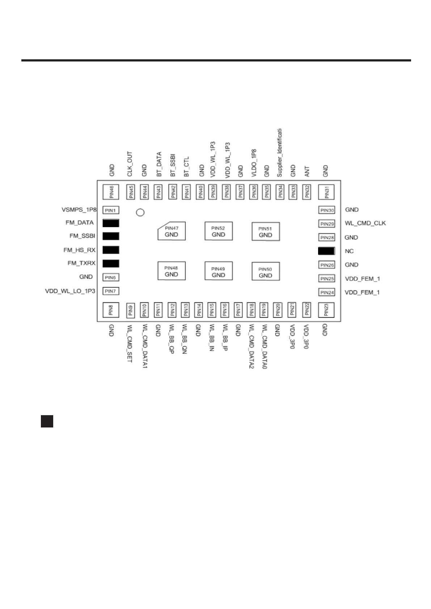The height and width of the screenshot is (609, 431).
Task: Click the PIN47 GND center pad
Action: point(172,231)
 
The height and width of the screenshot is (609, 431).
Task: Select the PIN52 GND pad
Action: point(218,231)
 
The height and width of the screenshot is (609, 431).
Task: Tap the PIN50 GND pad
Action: point(266,272)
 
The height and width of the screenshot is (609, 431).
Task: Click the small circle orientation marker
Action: point(140,212)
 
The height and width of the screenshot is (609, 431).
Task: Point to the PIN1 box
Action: point(110,210)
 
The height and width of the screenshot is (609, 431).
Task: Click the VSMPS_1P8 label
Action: point(79,210)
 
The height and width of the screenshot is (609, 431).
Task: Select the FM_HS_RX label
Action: point(79,250)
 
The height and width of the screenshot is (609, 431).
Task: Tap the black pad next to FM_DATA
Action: point(111,223)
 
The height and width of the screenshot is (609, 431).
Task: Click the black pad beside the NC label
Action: point(326,251)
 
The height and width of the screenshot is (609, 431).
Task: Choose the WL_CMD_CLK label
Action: point(365,223)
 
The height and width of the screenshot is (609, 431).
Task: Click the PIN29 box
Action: point(327,224)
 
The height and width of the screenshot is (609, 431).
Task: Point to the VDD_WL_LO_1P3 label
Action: point(70,291)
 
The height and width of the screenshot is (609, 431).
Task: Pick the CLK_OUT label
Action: point(130,164)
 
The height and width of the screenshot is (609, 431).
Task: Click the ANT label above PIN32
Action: point(307,171)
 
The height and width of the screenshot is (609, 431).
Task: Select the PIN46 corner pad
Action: point(111,192)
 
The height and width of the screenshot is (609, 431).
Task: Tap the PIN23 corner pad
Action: point(326,310)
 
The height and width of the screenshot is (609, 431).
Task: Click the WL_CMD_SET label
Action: point(130,344)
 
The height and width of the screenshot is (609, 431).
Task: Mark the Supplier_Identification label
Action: point(279,153)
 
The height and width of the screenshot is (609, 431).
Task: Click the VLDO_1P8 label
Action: point(254,163)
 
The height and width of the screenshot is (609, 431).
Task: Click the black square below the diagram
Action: point(47,421)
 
